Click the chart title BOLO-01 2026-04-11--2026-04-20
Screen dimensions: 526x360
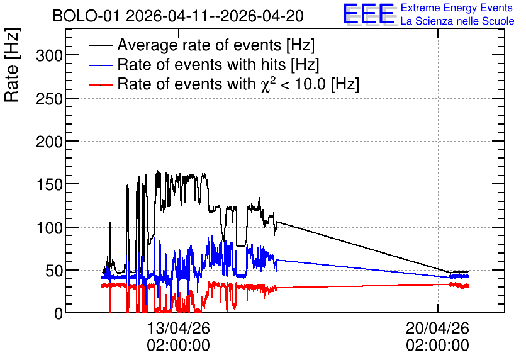[x=178, y=16]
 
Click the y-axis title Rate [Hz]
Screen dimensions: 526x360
[x=13, y=65]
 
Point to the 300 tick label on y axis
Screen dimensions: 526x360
[x=49, y=55]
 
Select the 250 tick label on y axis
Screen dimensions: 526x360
[x=49, y=99]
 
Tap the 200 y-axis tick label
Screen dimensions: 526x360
[x=49, y=142]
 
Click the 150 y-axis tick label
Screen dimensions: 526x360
[x=49, y=185]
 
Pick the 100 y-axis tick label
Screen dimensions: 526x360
[x=49, y=228]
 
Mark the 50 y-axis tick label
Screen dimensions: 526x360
[x=54, y=271]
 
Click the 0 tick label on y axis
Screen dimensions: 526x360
[x=59, y=313]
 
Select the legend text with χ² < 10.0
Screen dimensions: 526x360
[x=238, y=84]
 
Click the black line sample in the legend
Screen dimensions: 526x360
[x=100, y=45]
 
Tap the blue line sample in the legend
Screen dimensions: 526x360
[x=100, y=65]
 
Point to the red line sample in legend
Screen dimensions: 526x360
[x=100, y=84]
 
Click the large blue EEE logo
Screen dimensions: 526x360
[x=369, y=14]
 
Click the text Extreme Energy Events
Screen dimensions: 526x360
[x=457, y=8]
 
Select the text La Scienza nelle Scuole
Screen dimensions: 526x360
[x=457, y=21]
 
